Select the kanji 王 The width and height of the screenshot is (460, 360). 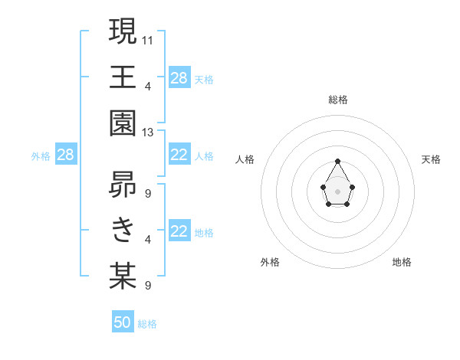click(123, 77)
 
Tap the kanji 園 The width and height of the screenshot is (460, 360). click(123, 123)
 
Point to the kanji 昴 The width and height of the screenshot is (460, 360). click(123, 184)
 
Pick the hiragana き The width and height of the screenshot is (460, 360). click(123, 230)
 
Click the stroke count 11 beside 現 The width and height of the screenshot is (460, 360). click(148, 39)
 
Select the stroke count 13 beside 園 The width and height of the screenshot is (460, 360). click(148, 133)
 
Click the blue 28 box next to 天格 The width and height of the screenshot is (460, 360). click(179, 78)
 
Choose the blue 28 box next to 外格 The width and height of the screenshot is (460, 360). click(66, 155)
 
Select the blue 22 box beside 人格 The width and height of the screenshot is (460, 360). click(179, 155)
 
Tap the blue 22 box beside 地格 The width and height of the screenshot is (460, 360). click(179, 232)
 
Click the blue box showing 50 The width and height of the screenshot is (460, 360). click(123, 322)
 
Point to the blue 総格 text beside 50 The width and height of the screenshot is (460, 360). click(147, 324)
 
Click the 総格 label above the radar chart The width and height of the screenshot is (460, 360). click(338, 100)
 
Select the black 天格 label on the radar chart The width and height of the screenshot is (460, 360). click(432, 159)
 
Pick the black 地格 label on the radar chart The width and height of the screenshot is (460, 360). click(402, 262)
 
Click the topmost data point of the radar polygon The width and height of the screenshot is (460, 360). click(337, 161)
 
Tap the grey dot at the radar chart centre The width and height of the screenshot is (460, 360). click(337, 191)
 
